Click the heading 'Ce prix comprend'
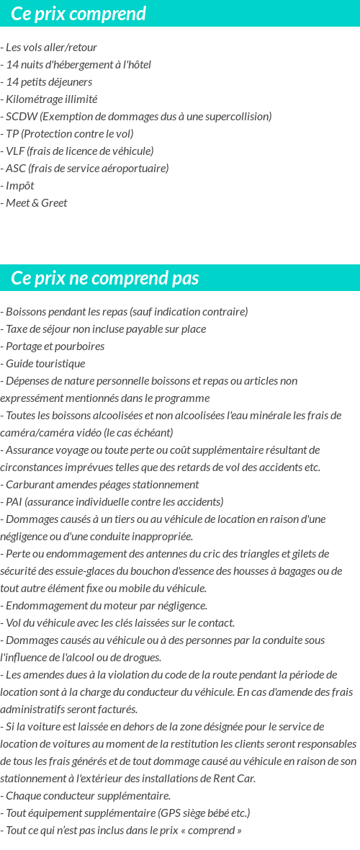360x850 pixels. pos(78,14)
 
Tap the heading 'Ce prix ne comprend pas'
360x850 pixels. pos(105,278)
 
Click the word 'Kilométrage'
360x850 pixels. pos(34,99)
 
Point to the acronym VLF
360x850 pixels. pos(15,151)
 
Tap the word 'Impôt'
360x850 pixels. pos(20,186)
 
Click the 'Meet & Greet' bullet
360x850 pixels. pos(36,203)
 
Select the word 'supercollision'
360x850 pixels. pos(234,117)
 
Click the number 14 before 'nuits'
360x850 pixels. pos(12,65)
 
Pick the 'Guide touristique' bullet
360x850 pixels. pos(45,364)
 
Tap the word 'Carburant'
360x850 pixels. pos(28,485)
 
